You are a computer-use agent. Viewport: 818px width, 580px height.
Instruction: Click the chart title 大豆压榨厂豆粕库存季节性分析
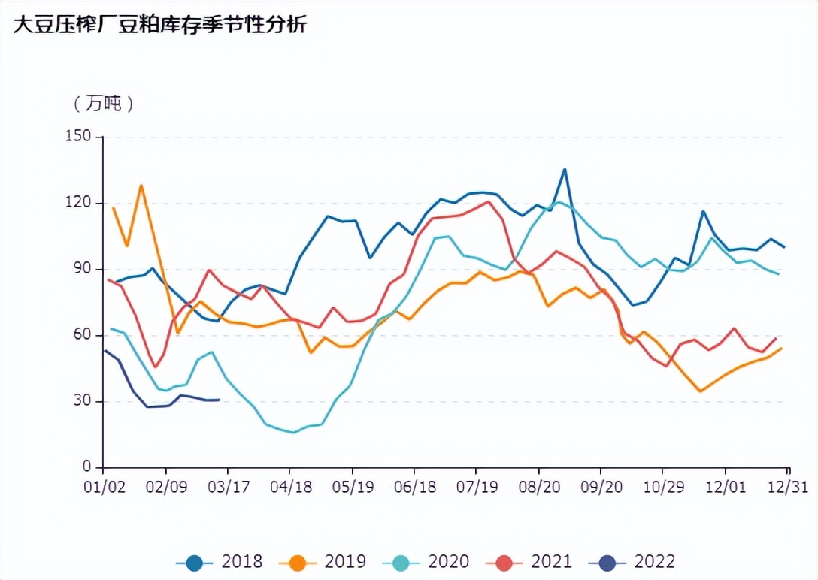click(x=159, y=25)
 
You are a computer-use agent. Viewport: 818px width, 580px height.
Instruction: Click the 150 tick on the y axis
click(x=77, y=137)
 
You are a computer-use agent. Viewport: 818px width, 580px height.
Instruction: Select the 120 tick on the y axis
click(x=77, y=203)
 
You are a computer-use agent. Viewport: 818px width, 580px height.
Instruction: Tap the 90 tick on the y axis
click(x=81, y=269)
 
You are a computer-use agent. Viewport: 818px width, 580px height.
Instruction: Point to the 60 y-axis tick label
click(x=81, y=335)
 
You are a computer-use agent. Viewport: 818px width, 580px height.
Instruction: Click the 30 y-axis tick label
click(x=81, y=401)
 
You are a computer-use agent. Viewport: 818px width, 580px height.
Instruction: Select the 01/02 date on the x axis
click(x=103, y=487)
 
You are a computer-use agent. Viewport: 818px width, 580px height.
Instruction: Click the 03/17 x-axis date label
click(x=228, y=487)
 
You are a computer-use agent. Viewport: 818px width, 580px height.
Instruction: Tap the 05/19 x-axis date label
click(x=353, y=487)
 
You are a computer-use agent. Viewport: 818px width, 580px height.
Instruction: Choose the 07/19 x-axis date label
click(x=477, y=487)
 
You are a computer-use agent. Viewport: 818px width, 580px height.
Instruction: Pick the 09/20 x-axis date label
click(x=601, y=487)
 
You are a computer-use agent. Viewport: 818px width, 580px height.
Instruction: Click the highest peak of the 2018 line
click(x=565, y=169)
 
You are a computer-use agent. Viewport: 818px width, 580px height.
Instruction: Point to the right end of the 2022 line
click(x=219, y=400)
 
